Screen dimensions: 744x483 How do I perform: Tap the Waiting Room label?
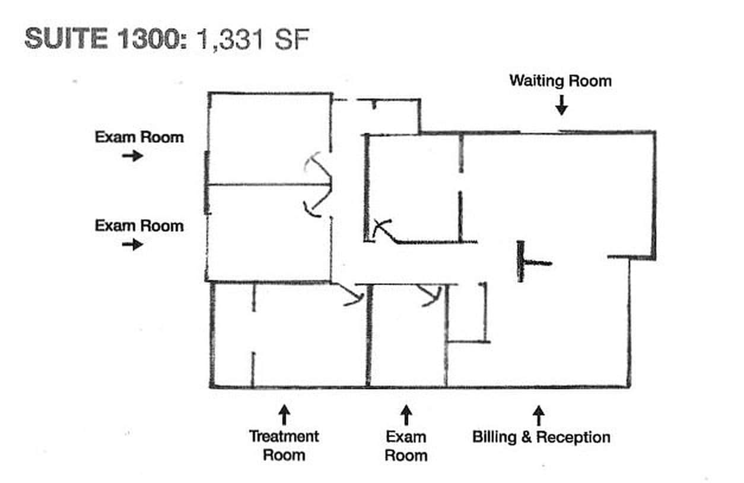point(560,80)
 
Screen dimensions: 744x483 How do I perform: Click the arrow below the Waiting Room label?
point(561,106)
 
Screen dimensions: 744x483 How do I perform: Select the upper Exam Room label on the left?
point(139,138)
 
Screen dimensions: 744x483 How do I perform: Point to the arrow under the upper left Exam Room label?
point(133,155)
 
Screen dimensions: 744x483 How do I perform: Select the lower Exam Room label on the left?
point(139,226)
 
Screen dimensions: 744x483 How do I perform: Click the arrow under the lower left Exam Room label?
point(133,244)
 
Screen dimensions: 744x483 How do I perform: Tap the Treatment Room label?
point(284,446)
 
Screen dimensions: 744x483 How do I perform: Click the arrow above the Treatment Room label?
point(285,414)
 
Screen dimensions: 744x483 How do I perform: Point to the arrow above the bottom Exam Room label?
point(406,414)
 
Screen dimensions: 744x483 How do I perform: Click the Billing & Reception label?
point(541,438)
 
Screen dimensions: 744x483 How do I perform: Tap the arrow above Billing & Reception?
point(539,414)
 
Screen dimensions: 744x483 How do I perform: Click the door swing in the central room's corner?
point(383,230)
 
